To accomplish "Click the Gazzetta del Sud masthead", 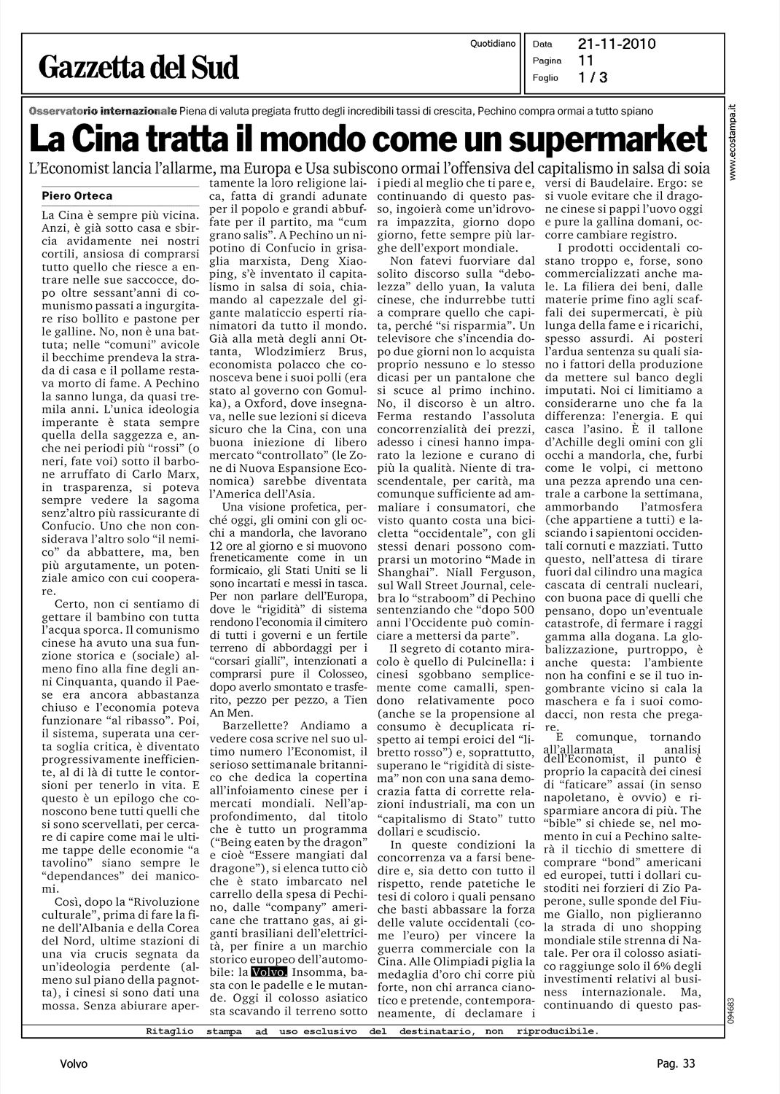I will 140,67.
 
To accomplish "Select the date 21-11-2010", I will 617,44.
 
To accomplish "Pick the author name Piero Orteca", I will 77,195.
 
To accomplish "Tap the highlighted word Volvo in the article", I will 269,972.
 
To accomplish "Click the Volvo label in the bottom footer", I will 74,1064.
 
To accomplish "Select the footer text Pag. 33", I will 671,1064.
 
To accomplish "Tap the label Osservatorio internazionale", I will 102,111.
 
